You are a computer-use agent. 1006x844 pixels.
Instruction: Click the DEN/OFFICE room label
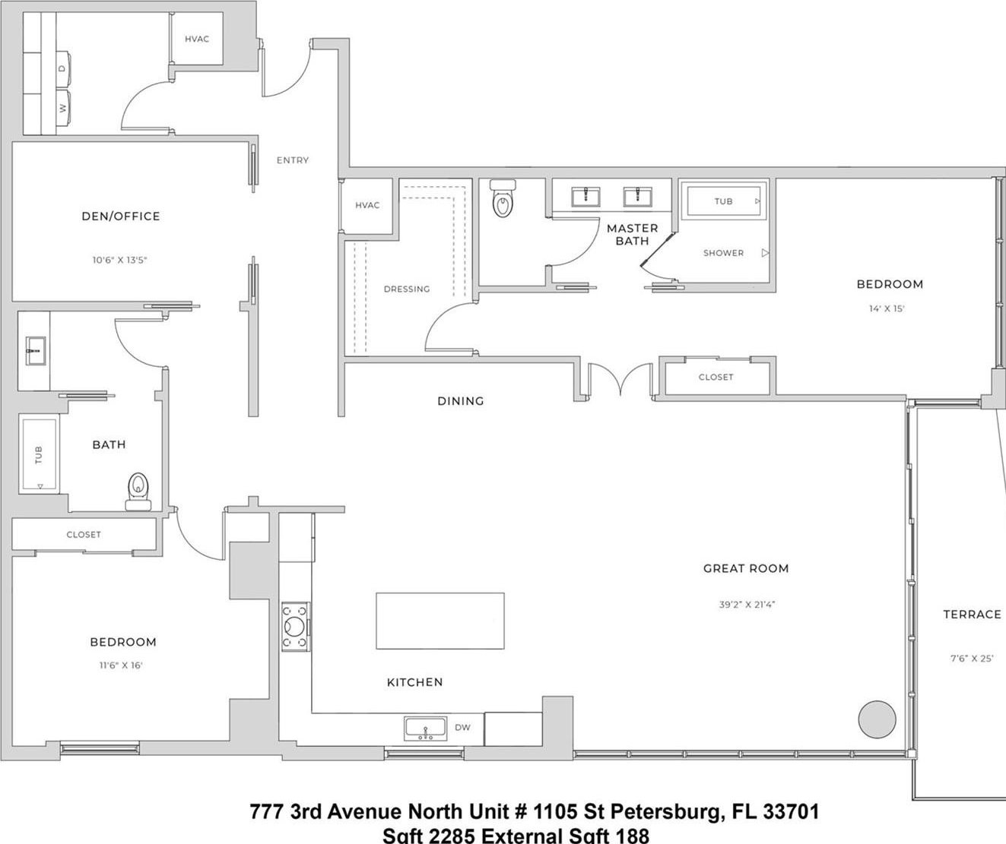[x=121, y=216]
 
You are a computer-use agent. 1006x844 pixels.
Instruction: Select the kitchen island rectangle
[x=440, y=621]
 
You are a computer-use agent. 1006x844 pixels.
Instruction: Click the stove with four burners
[x=295, y=627]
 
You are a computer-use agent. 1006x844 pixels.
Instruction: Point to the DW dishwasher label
[x=462, y=727]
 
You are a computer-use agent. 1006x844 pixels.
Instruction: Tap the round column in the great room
[x=877, y=718]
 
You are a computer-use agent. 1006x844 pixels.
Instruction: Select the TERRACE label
[x=972, y=614]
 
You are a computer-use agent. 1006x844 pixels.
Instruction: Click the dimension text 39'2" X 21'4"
[x=747, y=605]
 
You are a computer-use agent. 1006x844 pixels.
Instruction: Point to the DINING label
[x=461, y=401]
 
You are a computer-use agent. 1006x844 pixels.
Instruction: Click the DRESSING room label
[x=407, y=289]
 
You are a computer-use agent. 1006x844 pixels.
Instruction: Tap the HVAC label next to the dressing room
[x=367, y=205]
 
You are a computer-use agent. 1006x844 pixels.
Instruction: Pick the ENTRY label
[x=293, y=160]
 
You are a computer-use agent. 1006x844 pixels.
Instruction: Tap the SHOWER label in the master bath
[x=723, y=253]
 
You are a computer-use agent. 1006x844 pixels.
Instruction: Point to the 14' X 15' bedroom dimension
[x=887, y=308]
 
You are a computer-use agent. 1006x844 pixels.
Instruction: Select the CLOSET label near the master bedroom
[x=716, y=377]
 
